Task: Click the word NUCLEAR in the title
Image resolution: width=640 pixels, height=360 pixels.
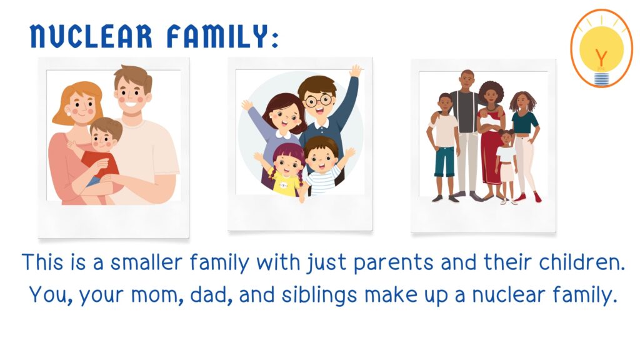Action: click(91, 36)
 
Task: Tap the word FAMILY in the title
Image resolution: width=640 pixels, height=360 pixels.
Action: click(217, 36)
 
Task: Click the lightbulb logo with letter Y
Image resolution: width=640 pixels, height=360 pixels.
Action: click(601, 48)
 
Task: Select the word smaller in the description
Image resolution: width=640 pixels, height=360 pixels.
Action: click(146, 262)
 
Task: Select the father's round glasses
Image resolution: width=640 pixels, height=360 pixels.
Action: click(318, 100)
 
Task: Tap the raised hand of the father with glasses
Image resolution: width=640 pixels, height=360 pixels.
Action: click(356, 71)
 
